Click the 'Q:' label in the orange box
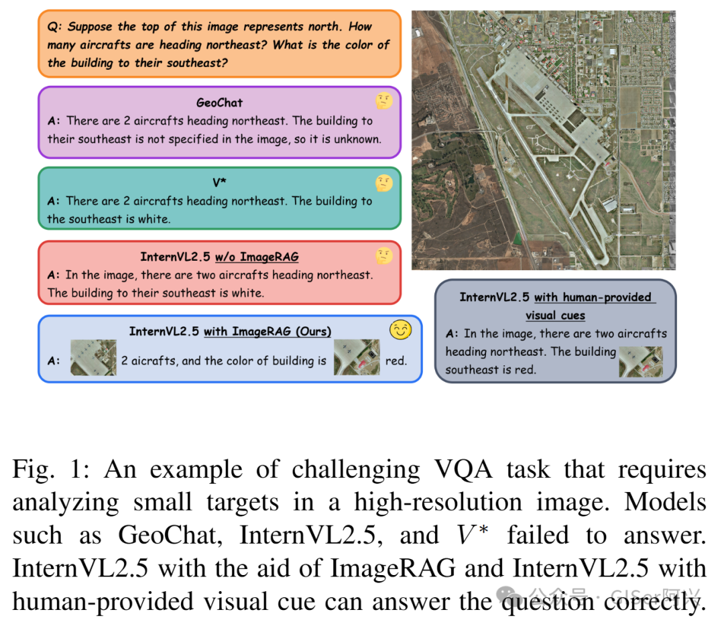tap(55, 27)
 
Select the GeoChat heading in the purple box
tap(219, 103)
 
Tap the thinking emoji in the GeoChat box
tap(383, 101)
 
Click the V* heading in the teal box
tap(219, 182)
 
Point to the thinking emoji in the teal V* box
tap(383, 182)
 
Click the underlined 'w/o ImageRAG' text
tap(257, 257)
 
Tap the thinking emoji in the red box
tap(383, 255)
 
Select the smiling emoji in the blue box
tap(401, 330)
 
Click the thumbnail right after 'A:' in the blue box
tap(93, 357)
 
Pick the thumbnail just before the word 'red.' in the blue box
tap(357, 357)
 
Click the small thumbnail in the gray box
tap(640, 361)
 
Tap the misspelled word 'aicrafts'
tap(155, 361)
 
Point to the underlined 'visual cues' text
tap(555, 315)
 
